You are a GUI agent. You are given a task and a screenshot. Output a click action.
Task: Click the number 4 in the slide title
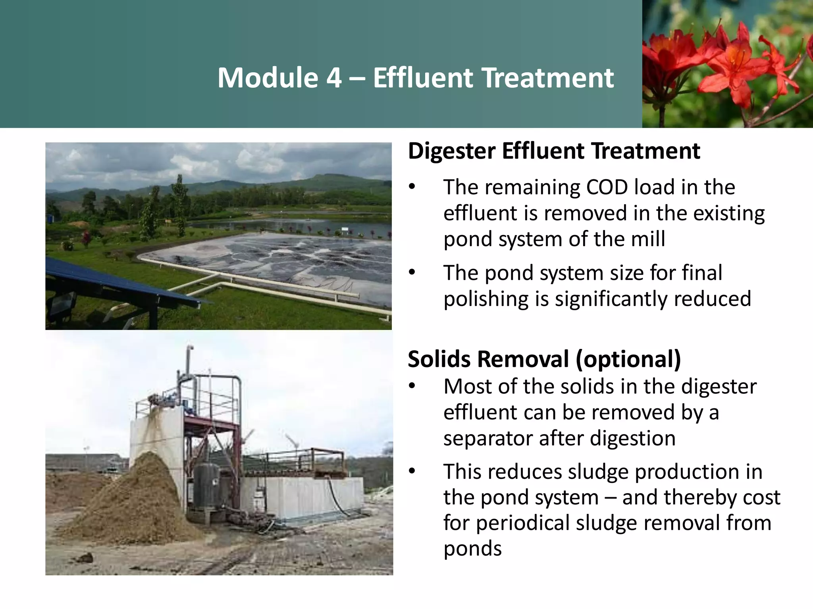point(334,78)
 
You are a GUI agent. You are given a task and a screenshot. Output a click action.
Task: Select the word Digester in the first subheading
point(451,151)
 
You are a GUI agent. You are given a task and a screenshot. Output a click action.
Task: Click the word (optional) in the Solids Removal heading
point(628,359)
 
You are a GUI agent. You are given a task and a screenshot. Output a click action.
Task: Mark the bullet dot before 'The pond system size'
point(412,272)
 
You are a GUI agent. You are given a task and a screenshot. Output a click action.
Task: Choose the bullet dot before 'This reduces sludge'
point(412,471)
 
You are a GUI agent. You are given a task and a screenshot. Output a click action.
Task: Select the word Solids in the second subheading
point(439,359)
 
